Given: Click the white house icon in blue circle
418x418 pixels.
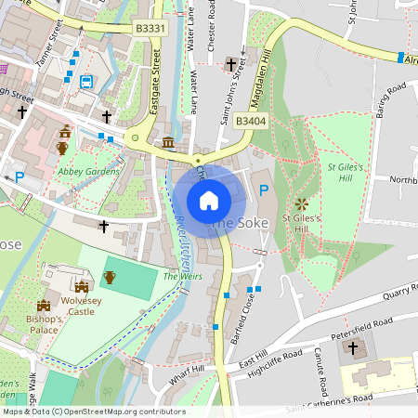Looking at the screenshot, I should (x=209, y=200).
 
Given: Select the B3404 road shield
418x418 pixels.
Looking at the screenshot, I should (x=251, y=121).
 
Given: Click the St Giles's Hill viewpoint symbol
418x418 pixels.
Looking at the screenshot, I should (x=301, y=202).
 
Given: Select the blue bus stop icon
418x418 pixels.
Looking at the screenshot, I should (x=86, y=82).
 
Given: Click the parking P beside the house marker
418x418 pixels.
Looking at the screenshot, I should (x=263, y=191).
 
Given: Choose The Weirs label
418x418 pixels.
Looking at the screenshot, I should (x=182, y=276).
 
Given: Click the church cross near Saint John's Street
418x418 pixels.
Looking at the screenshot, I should (x=231, y=64).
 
